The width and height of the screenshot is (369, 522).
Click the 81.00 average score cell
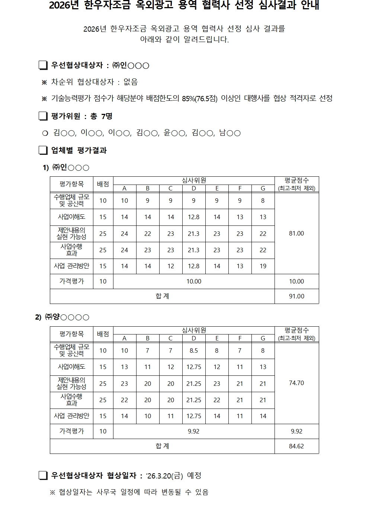(x=296, y=233)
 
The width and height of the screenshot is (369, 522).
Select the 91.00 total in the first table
(x=296, y=296)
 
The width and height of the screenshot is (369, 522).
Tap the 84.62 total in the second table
(x=296, y=446)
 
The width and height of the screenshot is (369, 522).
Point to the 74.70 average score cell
(x=296, y=383)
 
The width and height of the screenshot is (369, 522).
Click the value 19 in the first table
(x=263, y=266)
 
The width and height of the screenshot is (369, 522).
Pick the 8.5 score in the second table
(x=193, y=350)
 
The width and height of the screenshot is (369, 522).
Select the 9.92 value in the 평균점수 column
(x=296, y=431)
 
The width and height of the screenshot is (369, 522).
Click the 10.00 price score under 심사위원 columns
(x=193, y=281)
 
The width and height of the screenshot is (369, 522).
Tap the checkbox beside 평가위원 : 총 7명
(x=43, y=116)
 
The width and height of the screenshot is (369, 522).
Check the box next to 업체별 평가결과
(x=43, y=150)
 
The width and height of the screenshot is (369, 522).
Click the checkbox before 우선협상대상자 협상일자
(x=43, y=475)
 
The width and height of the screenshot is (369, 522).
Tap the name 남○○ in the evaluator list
(x=230, y=133)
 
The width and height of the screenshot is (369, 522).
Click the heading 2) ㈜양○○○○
(x=62, y=317)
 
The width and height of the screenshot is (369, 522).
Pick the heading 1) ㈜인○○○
(x=66, y=167)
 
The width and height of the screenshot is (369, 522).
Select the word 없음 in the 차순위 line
(x=131, y=82)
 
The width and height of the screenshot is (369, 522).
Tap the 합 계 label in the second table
(x=162, y=446)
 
